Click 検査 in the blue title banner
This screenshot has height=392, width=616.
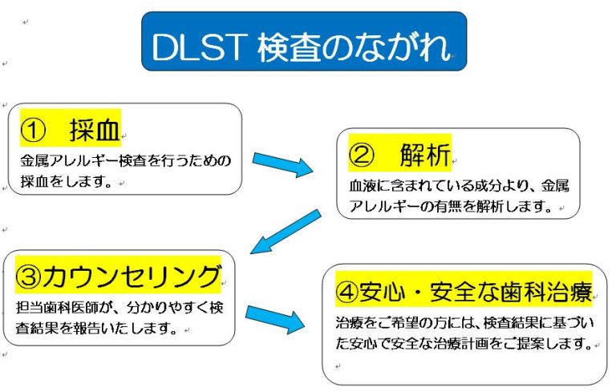point(290,47)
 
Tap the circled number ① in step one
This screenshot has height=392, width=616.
point(33,131)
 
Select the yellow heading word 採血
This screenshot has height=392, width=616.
point(95,130)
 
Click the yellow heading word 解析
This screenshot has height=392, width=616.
point(424,155)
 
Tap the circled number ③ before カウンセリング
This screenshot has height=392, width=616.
point(28,277)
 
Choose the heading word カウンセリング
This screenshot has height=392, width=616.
point(132,276)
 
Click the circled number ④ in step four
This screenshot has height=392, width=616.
point(346,293)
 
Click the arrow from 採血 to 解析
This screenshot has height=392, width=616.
point(282,164)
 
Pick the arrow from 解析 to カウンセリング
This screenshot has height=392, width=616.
point(286,232)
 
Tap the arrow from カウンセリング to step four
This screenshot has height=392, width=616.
point(275,318)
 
